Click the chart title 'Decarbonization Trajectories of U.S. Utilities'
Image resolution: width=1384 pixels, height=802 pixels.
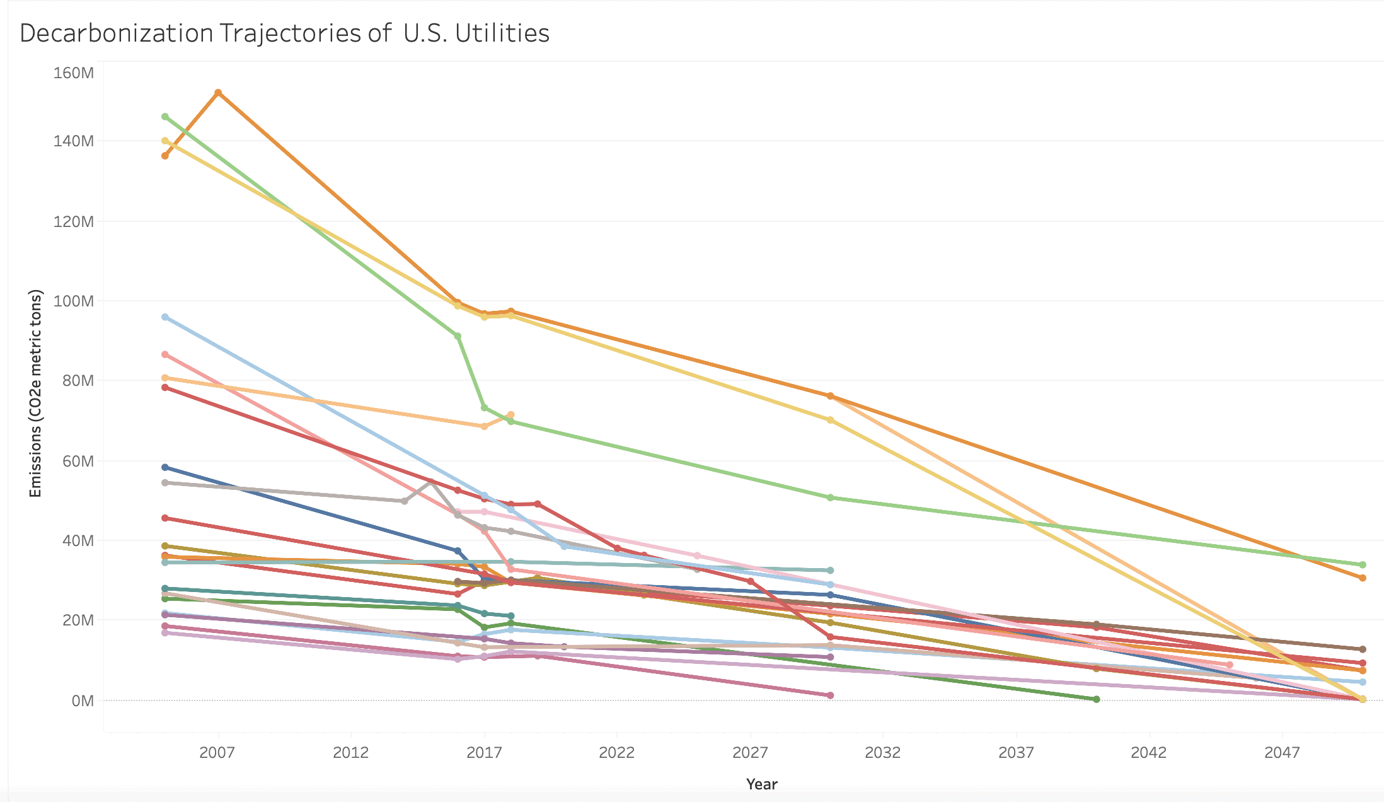(x=284, y=33)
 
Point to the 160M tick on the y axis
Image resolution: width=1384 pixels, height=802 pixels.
(x=74, y=73)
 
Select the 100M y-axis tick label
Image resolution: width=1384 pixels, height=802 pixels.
(x=74, y=301)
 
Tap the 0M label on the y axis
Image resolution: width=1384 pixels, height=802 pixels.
(x=83, y=701)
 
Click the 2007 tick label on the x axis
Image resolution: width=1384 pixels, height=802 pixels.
(x=217, y=752)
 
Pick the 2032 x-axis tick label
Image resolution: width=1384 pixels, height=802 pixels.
(x=882, y=752)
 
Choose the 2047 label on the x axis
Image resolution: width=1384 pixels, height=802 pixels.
(x=1282, y=752)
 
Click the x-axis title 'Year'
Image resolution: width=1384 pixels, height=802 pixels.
(x=761, y=784)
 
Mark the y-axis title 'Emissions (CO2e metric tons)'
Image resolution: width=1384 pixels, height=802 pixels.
(x=35, y=393)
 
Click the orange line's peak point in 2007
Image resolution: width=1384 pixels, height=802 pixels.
(x=218, y=93)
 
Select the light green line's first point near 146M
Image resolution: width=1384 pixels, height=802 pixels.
(x=165, y=117)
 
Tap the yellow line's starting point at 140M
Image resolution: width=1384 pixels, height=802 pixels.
(x=165, y=141)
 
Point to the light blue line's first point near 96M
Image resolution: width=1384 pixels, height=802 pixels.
(x=165, y=317)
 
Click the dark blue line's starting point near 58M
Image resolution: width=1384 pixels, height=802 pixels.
(x=165, y=467)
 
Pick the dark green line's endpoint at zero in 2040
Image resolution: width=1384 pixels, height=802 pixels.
(x=1096, y=699)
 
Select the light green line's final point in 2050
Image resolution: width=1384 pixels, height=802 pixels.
(x=1363, y=565)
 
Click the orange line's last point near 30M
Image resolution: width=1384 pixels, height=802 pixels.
(x=1363, y=578)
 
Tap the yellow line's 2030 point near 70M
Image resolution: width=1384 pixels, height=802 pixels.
(x=830, y=420)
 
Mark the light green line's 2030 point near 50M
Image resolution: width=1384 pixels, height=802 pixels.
(x=830, y=497)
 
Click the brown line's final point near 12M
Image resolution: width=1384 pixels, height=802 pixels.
(x=1363, y=649)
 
